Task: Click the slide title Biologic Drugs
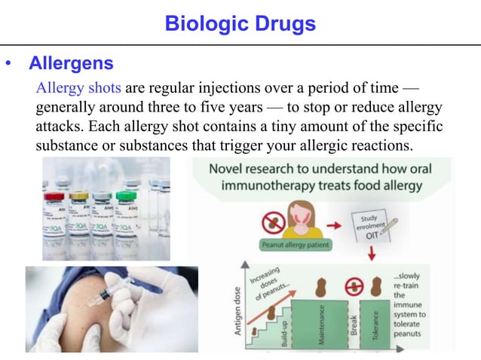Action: (240, 23)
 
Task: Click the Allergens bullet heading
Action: (71, 63)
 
